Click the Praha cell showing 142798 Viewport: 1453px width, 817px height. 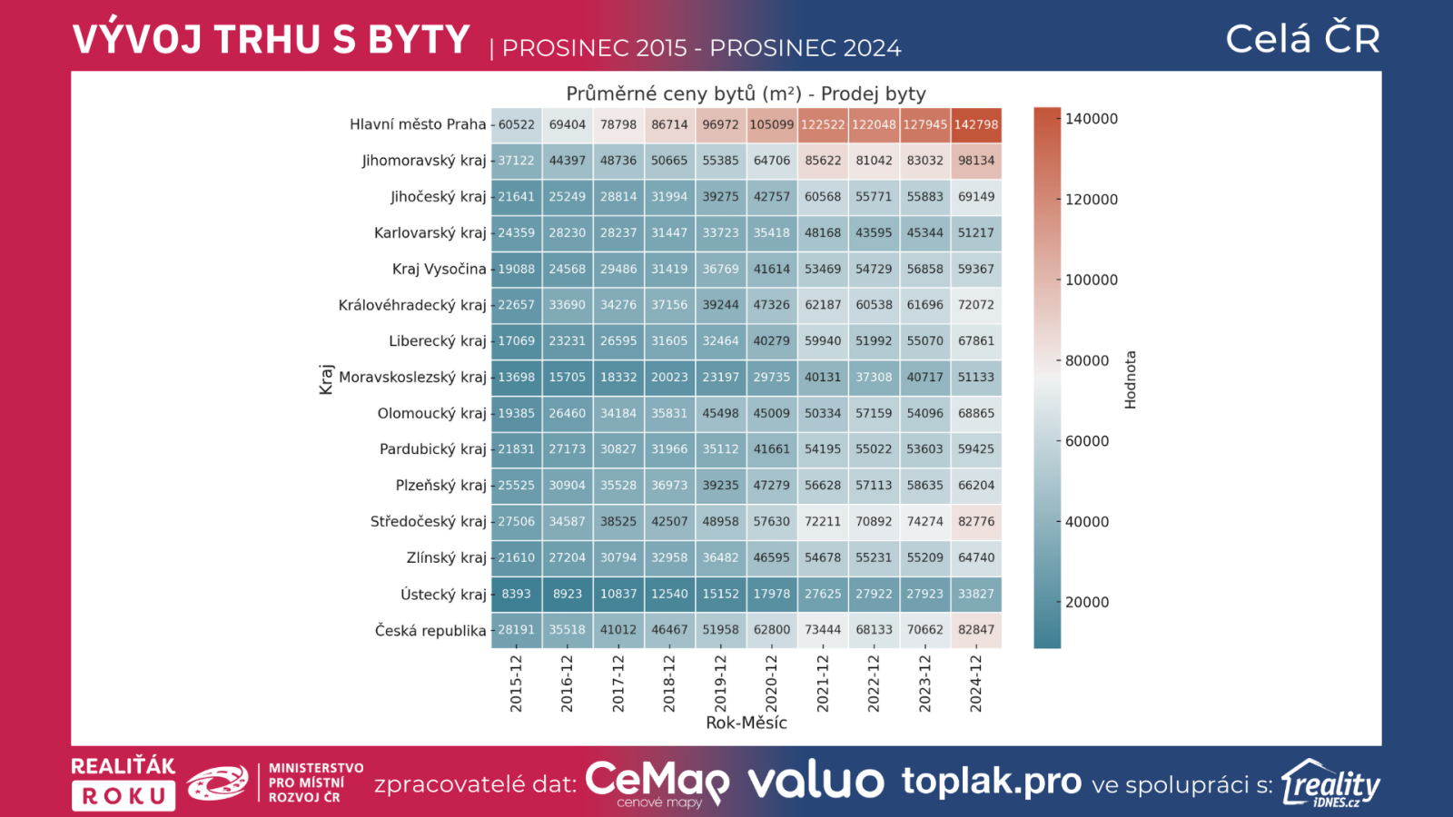pyautogui.click(x=976, y=124)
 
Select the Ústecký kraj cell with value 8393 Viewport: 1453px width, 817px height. pyautogui.click(x=516, y=594)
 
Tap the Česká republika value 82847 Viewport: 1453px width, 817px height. pyautogui.click(x=976, y=629)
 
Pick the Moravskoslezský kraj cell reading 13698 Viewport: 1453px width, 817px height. pyautogui.click(x=516, y=377)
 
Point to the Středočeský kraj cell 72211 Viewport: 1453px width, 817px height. pyautogui.click(x=823, y=521)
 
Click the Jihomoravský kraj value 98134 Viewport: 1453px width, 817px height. pyautogui.click(x=976, y=161)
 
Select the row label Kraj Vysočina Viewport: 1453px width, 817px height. pyautogui.click(x=439, y=269)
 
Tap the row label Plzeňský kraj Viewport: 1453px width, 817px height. pyautogui.click(x=440, y=485)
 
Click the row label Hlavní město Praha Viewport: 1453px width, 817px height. pyautogui.click(x=418, y=124)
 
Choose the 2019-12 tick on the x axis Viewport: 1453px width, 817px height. pyautogui.click(x=720, y=683)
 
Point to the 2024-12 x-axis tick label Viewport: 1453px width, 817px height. pyautogui.click(x=976, y=683)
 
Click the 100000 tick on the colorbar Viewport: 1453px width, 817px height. pyautogui.click(x=1091, y=280)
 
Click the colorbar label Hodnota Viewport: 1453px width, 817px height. pyautogui.click(x=1131, y=379)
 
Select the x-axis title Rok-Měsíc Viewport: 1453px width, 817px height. pyautogui.click(x=746, y=723)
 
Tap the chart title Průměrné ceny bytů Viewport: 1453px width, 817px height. pyautogui.click(x=746, y=94)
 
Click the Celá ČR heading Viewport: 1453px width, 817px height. pyautogui.click(x=1302, y=39)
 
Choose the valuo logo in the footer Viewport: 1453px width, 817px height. pyautogui.click(x=815, y=782)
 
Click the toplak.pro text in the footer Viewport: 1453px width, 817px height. pyautogui.click(x=992, y=782)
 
